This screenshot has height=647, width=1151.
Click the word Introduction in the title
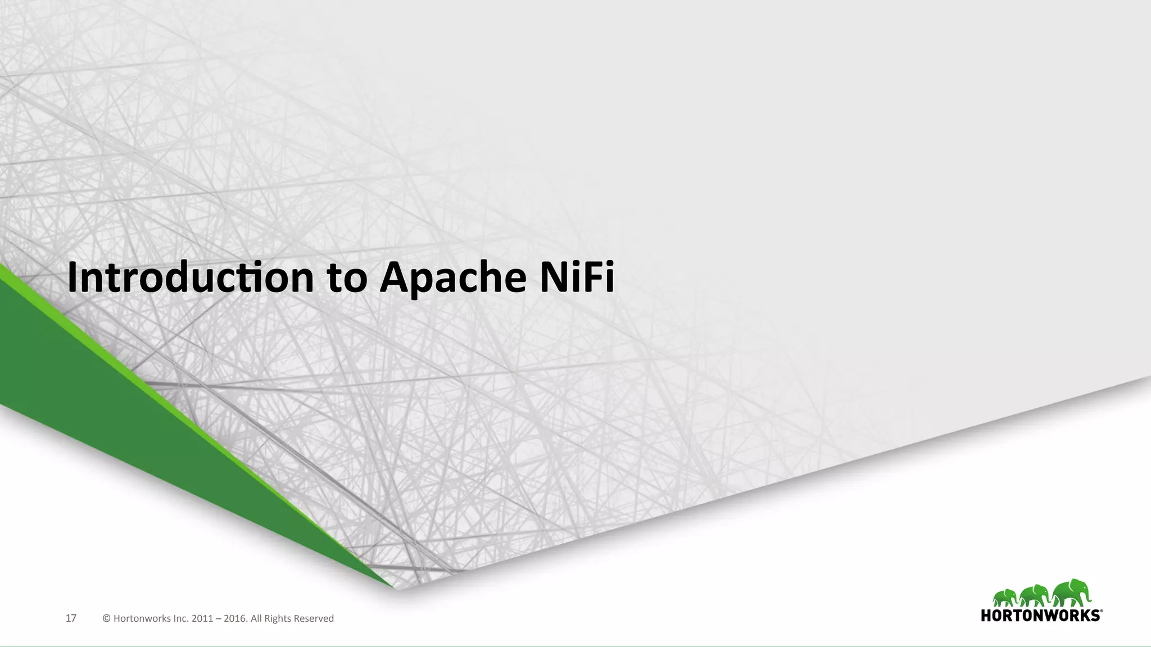(x=191, y=277)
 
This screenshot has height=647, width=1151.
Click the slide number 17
(x=71, y=618)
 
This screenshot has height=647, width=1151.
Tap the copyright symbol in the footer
(x=106, y=619)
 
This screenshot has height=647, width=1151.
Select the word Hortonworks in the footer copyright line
(x=141, y=619)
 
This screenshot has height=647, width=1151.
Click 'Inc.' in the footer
(x=180, y=619)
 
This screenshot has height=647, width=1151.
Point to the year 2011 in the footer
(x=202, y=619)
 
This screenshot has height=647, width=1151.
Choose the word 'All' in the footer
(x=256, y=619)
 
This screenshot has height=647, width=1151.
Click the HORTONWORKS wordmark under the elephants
(x=1040, y=616)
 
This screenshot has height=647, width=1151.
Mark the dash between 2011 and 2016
(x=218, y=619)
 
